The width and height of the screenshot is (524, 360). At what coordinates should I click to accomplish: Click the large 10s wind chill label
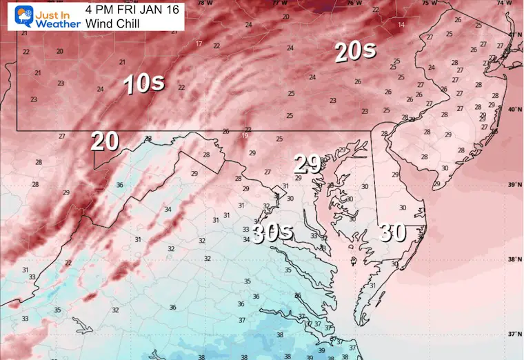click(143, 83)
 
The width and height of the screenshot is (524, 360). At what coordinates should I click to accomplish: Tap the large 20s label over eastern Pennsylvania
click(355, 52)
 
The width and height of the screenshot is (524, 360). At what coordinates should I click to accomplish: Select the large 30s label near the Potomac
click(272, 234)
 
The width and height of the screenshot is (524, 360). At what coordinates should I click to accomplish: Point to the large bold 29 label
click(308, 163)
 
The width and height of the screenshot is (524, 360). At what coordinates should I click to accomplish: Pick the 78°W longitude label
click(204, 3)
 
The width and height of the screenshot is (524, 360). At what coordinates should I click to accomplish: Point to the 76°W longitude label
click(354, 3)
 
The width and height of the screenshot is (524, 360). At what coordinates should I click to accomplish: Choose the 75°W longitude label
click(429, 3)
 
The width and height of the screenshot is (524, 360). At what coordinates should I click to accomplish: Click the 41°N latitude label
click(514, 34)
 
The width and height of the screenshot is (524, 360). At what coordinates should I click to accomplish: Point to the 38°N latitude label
click(514, 260)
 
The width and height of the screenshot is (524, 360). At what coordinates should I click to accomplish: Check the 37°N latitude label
click(514, 334)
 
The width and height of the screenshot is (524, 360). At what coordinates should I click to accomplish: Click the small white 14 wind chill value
click(401, 25)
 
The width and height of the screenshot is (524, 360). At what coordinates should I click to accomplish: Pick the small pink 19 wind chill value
click(245, 136)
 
